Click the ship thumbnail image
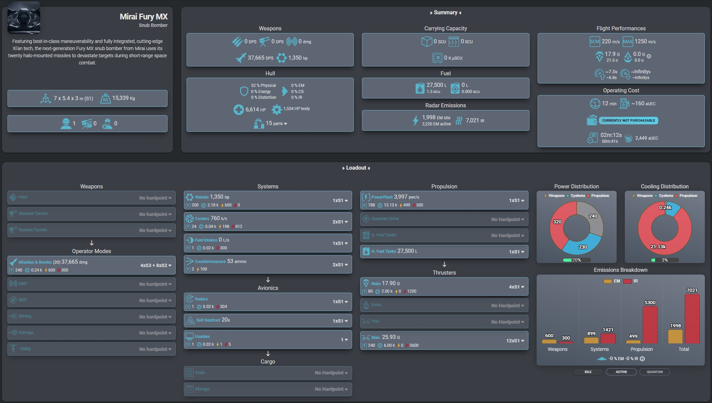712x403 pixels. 23,18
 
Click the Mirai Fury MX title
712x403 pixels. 143,17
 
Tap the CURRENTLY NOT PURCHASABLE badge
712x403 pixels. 628,121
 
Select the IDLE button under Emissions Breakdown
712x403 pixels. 588,372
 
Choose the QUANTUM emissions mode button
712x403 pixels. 654,372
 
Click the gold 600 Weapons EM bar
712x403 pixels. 549,341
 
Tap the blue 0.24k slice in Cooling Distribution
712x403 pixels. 672,209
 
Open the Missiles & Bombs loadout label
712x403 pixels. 35,262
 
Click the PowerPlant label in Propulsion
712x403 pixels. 382,197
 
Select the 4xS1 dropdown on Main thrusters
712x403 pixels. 516,287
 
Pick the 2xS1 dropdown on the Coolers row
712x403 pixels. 340,222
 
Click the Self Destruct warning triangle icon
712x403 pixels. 190,320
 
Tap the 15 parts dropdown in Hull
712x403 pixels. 276,123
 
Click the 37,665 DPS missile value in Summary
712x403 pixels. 260,58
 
